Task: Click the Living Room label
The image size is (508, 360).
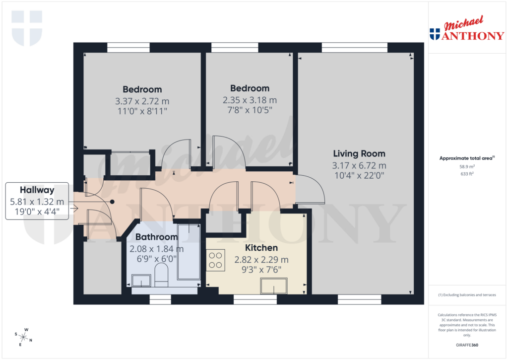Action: [359, 153]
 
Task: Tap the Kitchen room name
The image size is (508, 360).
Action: [261, 247]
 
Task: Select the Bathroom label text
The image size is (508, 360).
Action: [156, 237]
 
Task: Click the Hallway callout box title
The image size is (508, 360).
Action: [37, 190]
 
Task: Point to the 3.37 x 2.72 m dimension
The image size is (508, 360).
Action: [142, 101]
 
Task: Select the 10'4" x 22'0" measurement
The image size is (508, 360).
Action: [359, 175]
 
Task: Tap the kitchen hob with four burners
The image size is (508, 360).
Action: [216, 260]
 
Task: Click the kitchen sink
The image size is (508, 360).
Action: [274, 286]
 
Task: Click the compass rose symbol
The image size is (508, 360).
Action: [24, 336]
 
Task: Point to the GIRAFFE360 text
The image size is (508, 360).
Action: [466, 345]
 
